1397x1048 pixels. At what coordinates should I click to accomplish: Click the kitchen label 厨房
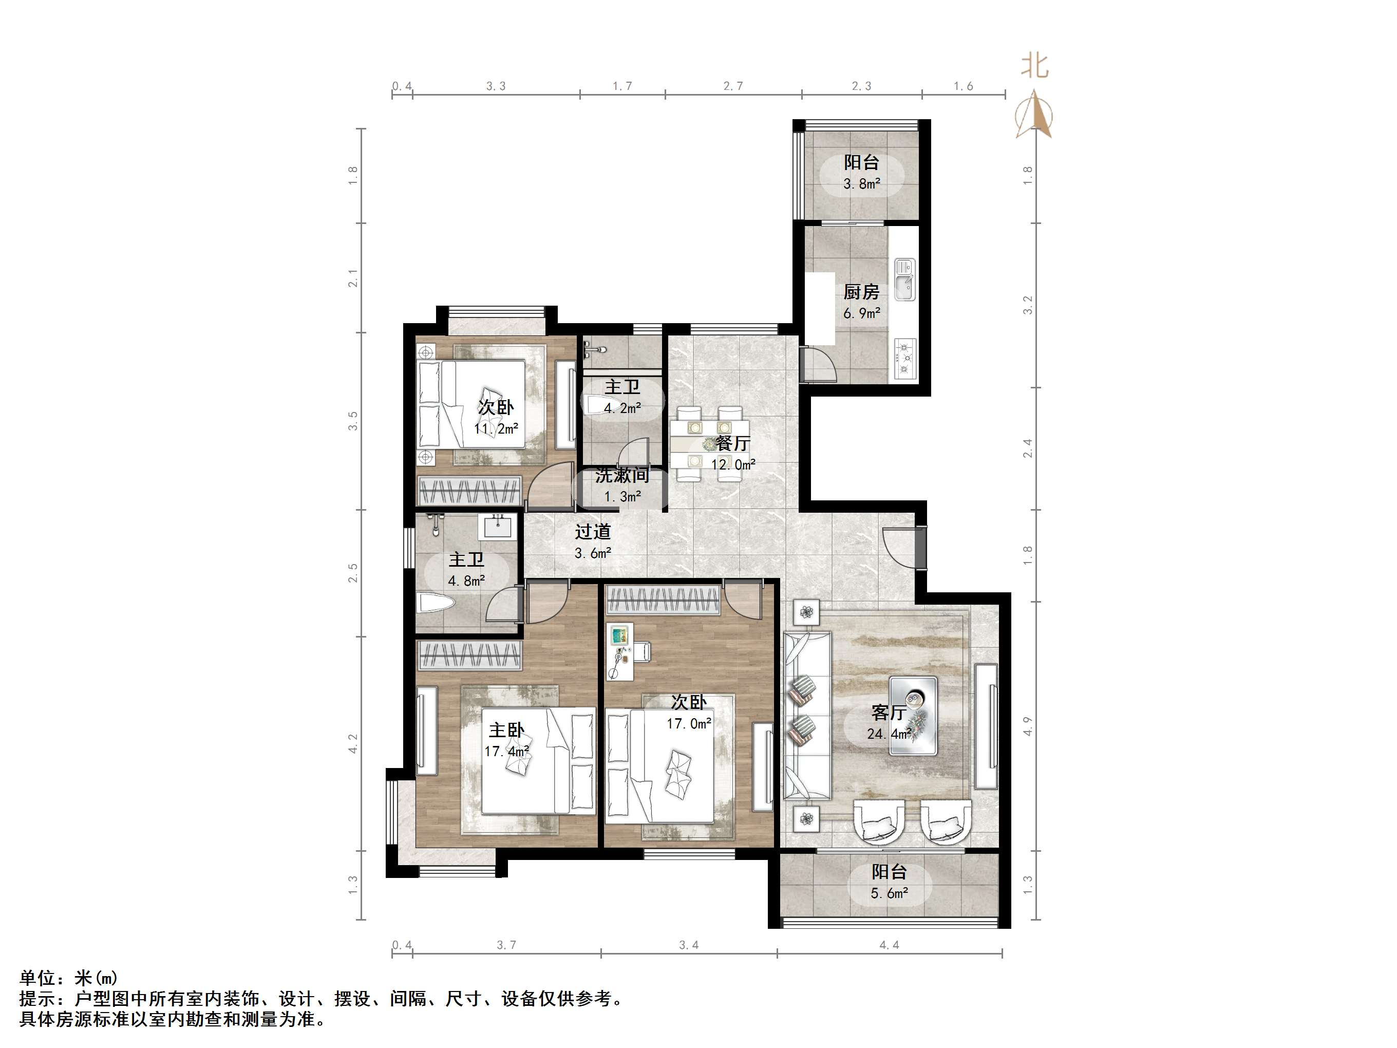pyautogui.click(x=861, y=292)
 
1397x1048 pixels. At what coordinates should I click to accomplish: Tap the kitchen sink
pyautogui.click(x=904, y=280)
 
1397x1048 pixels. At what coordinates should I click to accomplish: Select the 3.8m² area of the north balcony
pyautogui.click(x=861, y=184)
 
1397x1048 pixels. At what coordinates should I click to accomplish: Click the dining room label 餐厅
pyautogui.click(x=732, y=443)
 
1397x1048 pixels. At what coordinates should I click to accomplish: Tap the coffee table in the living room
pyautogui.click(x=913, y=715)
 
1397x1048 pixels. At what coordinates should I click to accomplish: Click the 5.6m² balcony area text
pyautogui.click(x=889, y=893)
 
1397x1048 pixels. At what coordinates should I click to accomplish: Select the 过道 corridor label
pyautogui.click(x=592, y=532)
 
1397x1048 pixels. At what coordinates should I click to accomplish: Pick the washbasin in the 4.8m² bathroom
pyautogui.click(x=498, y=526)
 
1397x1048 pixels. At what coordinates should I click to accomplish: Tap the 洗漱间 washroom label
pyautogui.click(x=621, y=476)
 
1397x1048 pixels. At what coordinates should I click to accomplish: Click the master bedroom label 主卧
pyautogui.click(x=506, y=730)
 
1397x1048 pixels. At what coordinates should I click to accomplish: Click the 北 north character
pyautogui.click(x=1034, y=65)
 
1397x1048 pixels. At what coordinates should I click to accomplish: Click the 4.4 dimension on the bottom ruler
pyautogui.click(x=889, y=946)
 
